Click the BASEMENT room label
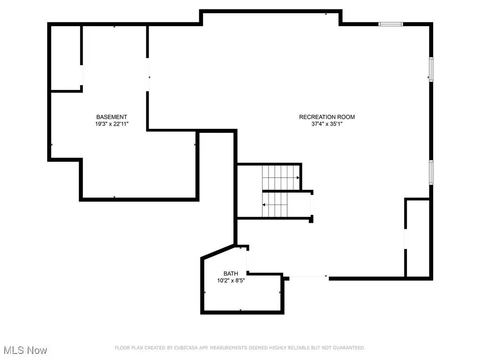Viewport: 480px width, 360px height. tap(112, 117)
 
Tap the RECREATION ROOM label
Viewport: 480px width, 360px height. tap(327, 117)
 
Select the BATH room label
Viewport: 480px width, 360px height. tap(231, 274)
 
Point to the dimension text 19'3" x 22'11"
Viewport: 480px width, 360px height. tap(112, 124)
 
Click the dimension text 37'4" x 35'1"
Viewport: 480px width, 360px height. tap(327, 124)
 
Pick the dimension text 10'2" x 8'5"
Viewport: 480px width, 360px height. tap(231, 281)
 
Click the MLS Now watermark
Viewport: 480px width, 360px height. tap(25, 350)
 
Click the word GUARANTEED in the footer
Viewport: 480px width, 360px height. tap(349, 348)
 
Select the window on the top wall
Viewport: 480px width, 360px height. tap(390, 24)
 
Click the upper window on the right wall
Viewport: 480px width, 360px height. tap(431, 69)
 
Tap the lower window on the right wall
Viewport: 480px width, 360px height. tap(431, 172)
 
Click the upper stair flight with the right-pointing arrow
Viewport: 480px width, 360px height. tap(281, 178)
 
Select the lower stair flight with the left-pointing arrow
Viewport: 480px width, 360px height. tap(275, 204)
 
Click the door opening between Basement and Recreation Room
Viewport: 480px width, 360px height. tap(148, 75)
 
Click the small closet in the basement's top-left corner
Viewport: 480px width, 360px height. tap(66, 58)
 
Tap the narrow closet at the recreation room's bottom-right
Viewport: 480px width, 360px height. tap(418, 239)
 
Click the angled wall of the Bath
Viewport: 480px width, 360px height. tap(219, 252)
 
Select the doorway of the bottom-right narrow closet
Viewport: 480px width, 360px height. tap(406, 239)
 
